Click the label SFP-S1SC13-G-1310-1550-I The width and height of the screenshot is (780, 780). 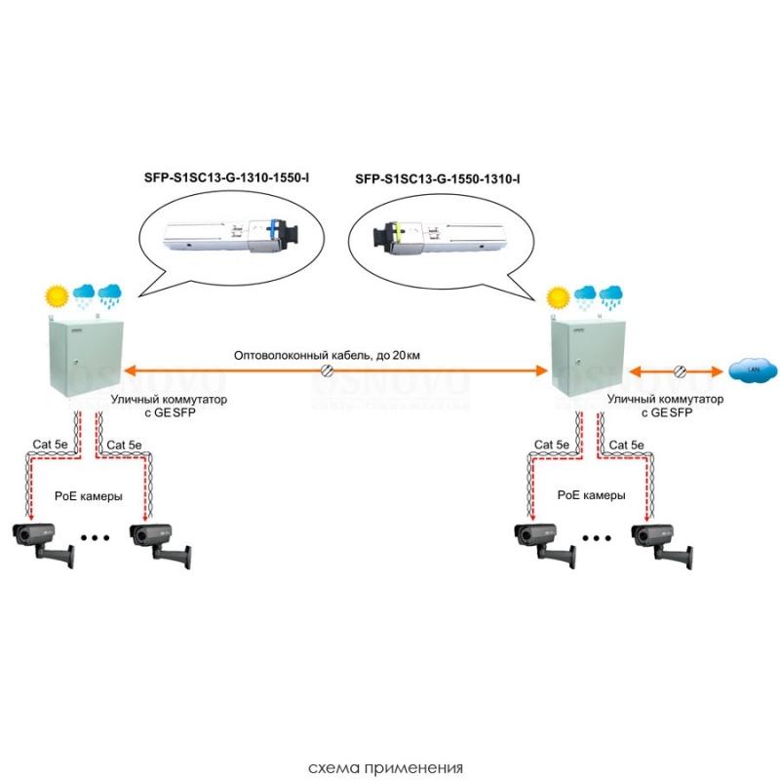coord(226,177)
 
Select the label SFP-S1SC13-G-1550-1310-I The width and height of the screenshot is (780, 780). coord(438,179)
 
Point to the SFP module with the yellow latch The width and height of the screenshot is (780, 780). coord(440,235)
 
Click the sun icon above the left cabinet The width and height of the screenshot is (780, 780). coord(57,296)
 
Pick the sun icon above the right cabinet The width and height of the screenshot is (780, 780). coord(558,297)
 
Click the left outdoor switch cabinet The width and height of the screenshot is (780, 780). coord(86,357)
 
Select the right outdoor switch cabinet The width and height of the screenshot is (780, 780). coord(588,357)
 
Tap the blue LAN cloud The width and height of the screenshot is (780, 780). coord(753,370)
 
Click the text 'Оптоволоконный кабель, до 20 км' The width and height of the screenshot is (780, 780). coord(327,355)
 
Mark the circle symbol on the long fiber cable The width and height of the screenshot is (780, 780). coord(327,370)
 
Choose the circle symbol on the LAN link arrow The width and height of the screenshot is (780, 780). coord(680,371)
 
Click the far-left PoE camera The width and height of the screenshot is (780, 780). coord(44,544)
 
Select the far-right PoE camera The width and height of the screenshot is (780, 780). coord(663,545)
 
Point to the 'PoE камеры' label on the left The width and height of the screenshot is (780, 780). coord(89,496)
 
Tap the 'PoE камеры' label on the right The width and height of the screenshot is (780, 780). coord(592,495)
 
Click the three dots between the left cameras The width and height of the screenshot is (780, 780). coord(95,538)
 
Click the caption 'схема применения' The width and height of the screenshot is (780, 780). coord(385,768)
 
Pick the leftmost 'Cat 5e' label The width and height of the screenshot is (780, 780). coord(50,445)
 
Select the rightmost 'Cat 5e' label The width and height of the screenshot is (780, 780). coord(626,445)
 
